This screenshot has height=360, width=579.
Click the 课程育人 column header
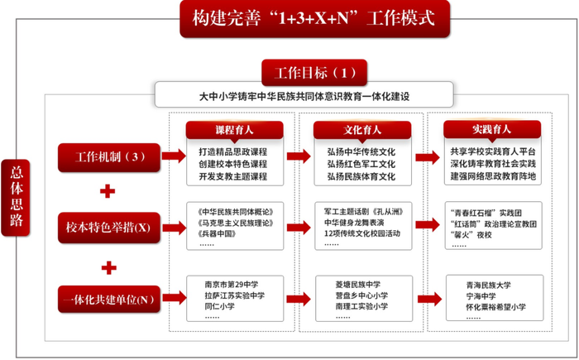point(235,131)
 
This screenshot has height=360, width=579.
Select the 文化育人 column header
point(362,131)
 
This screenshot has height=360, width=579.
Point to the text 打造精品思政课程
point(234,152)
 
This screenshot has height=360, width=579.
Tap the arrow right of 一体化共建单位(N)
point(173,295)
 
